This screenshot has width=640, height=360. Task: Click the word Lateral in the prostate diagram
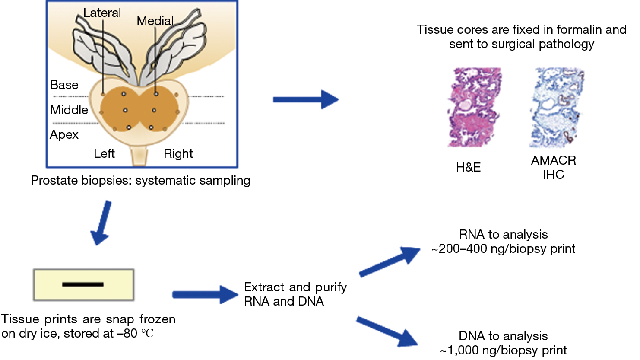pos(102,13)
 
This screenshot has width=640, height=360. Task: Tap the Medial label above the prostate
pos(155,21)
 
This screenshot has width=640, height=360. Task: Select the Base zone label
pos(64,85)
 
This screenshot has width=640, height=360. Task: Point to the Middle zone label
pos(69,110)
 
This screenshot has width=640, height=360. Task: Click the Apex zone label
pos(64,135)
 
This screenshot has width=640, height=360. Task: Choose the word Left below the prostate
pos(104,153)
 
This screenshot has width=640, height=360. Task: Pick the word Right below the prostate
pos(178,154)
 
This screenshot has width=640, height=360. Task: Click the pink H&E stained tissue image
pos(474,107)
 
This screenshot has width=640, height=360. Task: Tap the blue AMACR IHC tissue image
pos(557,108)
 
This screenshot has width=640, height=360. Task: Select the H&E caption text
pos(468,167)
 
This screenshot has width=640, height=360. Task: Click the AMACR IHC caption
pos(554,168)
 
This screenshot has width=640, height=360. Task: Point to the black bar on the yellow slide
pos(83,284)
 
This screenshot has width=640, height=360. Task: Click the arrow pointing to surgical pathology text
pos(306,99)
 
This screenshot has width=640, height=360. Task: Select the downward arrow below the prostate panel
pos(101,223)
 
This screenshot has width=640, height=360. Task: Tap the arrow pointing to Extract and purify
pos(205,295)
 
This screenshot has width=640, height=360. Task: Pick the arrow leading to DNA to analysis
pos(387,331)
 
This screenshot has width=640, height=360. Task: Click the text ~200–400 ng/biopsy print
pos(503,249)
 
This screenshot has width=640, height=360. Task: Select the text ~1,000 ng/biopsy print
pos(504,350)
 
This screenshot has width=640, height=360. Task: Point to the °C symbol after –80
pos(147,333)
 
